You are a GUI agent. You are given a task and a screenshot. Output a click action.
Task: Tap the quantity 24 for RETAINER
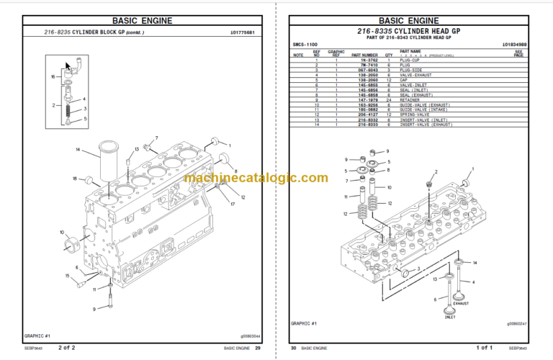[x=388, y=99]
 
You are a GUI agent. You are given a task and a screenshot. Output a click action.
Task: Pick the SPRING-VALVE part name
[x=417, y=114]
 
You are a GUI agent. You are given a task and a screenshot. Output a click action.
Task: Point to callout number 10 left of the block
[x=62, y=232]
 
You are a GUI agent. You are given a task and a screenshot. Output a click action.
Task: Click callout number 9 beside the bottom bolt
[x=94, y=309]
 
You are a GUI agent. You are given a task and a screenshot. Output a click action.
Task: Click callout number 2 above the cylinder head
[x=435, y=173]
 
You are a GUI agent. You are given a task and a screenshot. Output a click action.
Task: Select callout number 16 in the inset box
[x=52, y=76]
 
